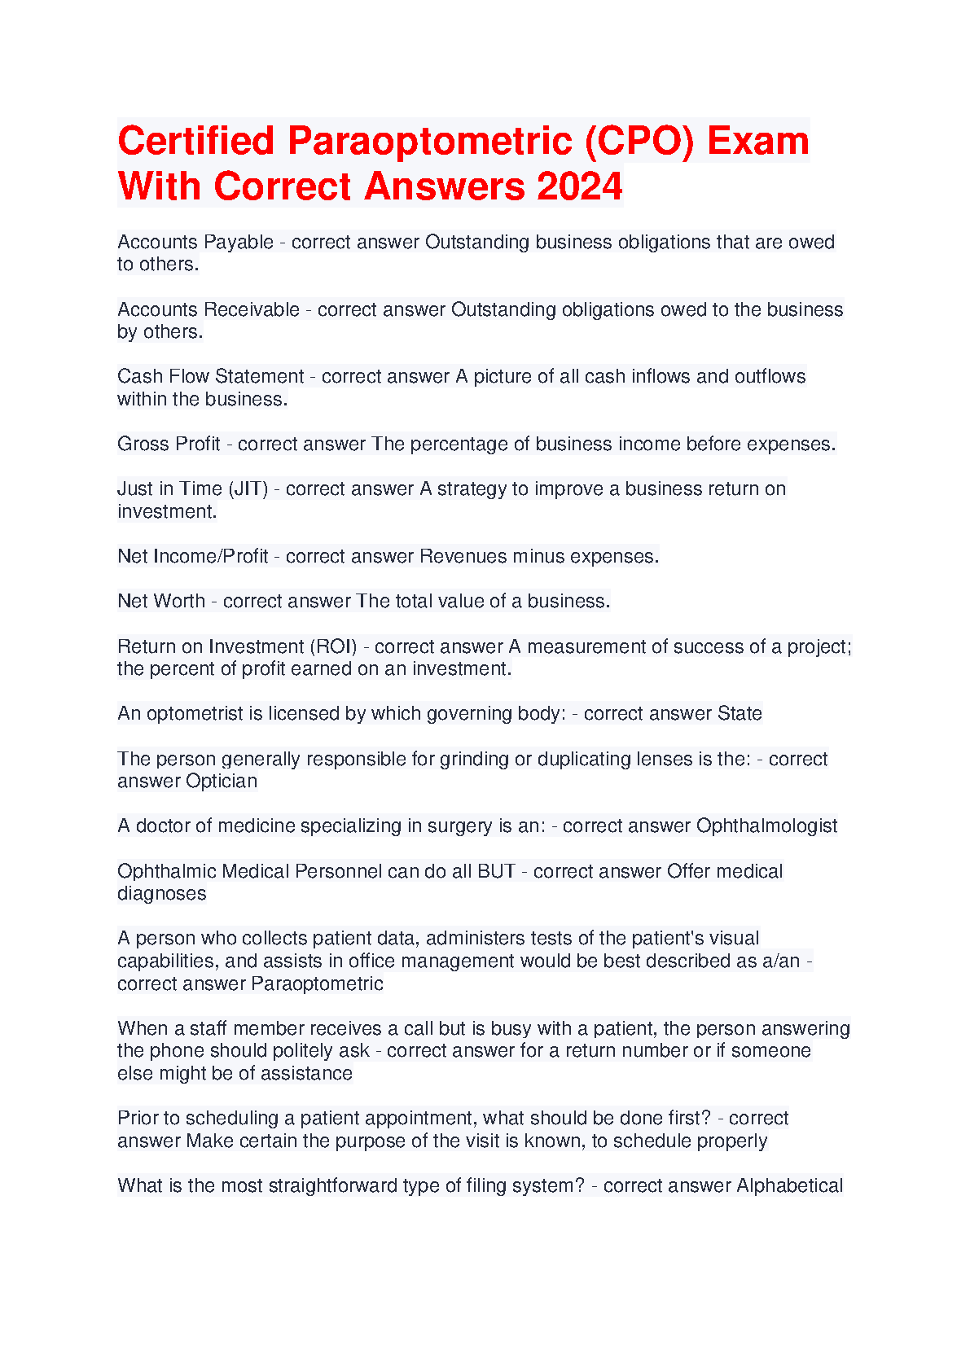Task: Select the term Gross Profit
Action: [x=169, y=444]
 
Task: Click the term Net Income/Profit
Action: [x=193, y=556]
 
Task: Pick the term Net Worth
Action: [x=161, y=601]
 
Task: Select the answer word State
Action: [x=740, y=713]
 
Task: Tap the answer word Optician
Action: [x=222, y=781]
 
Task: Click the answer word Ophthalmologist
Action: [x=767, y=826]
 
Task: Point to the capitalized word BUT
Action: [x=496, y=871]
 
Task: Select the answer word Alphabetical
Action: [x=789, y=1185]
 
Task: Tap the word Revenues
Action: [x=457, y=556]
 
